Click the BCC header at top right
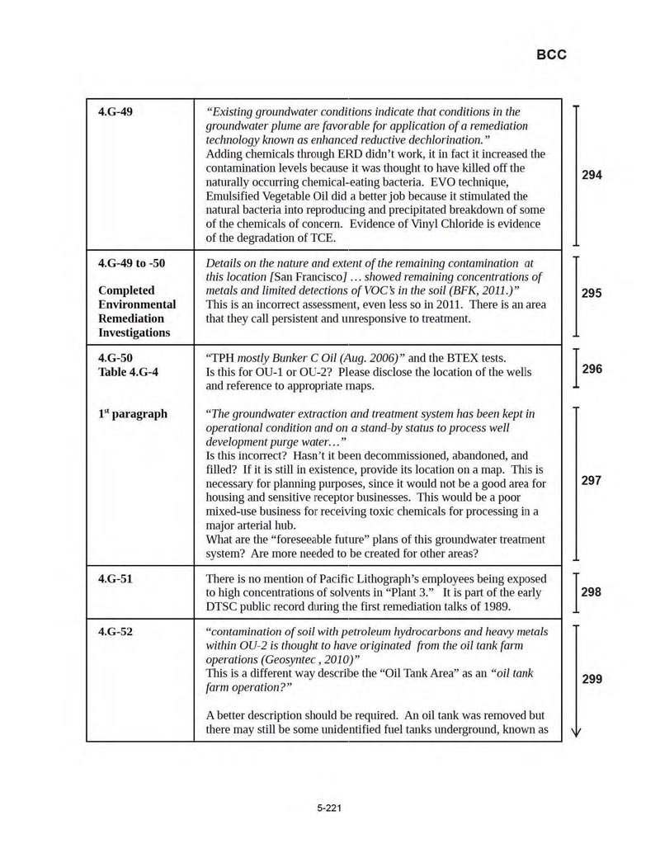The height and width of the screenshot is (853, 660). pyautogui.click(x=551, y=54)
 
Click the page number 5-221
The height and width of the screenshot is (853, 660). pyautogui.click(x=329, y=808)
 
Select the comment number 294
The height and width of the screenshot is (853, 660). pyautogui.click(x=592, y=175)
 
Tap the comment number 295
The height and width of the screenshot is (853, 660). pyautogui.click(x=592, y=293)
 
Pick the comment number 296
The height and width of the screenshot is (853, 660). pyautogui.click(x=592, y=369)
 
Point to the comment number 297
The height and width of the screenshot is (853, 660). pyautogui.click(x=592, y=480)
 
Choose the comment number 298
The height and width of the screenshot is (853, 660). pyautogui.click(x=592, y=591)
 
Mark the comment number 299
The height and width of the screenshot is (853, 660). pyautogui.click(x=592, y=679)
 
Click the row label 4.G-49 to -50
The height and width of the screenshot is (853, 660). pyautogui.click(x=131, y=263)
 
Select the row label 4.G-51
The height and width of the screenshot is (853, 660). pyautogui.click(x=115, y=578)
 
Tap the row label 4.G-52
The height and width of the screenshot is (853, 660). pyautogui.click(x=115, y=631)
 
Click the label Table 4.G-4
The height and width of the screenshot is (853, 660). pyautogui.click(x=128, y=372)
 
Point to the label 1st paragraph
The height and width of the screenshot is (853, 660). pyautogui.click(x=132, y=413)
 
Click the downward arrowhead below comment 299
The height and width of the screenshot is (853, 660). pyautogui.click(x=575, y=731)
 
